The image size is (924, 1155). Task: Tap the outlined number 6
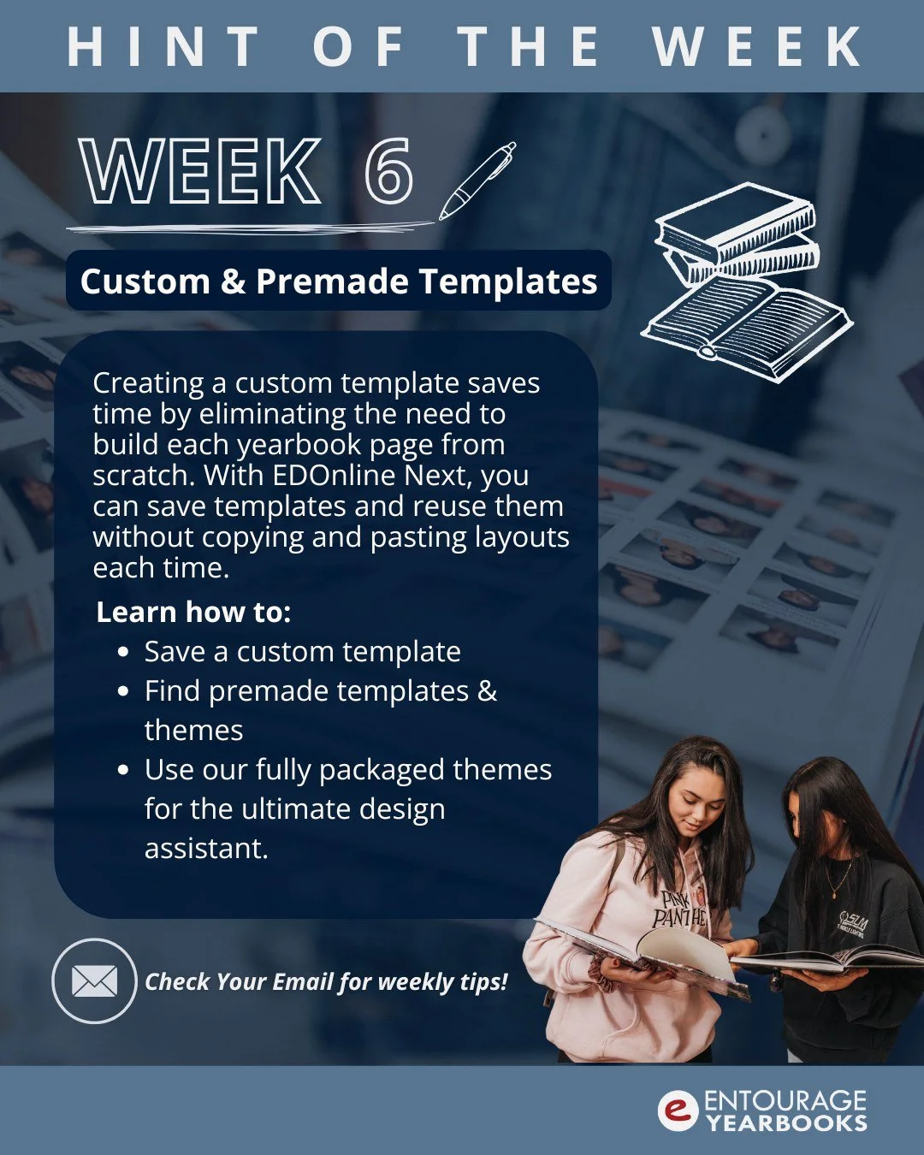389,171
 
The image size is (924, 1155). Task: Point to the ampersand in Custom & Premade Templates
233,281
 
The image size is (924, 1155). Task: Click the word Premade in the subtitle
332,281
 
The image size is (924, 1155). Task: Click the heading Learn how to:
194,613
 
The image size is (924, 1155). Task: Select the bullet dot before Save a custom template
124,652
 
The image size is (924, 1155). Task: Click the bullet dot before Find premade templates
124,691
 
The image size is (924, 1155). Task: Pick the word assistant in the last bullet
206,849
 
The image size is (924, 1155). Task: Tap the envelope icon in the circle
94,981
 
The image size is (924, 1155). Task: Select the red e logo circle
678,1111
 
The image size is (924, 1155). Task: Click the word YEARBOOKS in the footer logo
786,1122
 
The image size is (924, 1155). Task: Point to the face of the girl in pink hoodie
692,804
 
